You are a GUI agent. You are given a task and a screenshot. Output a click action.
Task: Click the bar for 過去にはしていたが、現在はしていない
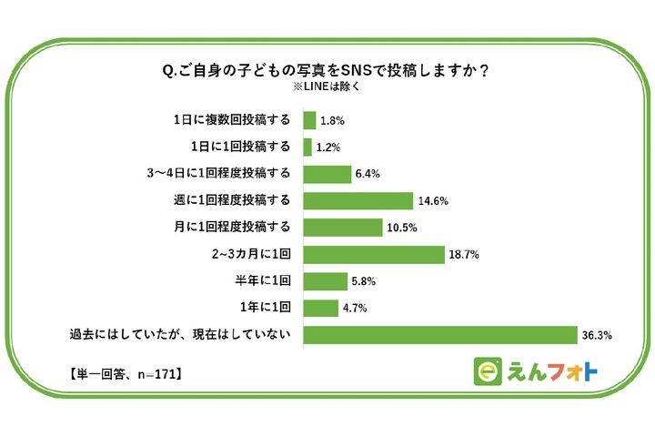click(440, 335)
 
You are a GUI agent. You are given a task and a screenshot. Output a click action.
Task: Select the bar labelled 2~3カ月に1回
click(373, 254)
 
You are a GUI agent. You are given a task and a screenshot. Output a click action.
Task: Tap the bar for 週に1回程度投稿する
click(358, 200)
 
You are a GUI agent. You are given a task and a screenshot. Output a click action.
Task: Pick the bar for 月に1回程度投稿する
click(343, 228)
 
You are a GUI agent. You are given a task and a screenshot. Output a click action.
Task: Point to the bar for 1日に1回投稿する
click(307, 147)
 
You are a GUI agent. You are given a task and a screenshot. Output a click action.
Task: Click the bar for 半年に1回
click(325, 281)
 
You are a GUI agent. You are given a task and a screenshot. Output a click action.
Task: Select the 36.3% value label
click(596, 336)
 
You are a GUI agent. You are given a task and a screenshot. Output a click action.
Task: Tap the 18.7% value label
click(463, 255)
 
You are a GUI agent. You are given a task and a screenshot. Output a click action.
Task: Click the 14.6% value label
click(433, 201)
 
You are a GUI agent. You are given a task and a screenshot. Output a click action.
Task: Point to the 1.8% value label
click(331, 120)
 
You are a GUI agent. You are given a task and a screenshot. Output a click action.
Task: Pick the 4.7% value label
click(355, 309)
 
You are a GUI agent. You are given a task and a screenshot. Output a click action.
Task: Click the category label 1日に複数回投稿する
click(232, 119)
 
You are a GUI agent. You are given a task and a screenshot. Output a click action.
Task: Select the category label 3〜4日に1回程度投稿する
click(223, 173)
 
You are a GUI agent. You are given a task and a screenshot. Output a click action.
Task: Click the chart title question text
click(327, 70)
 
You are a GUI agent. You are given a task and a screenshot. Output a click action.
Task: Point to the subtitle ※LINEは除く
click(327, 87)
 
